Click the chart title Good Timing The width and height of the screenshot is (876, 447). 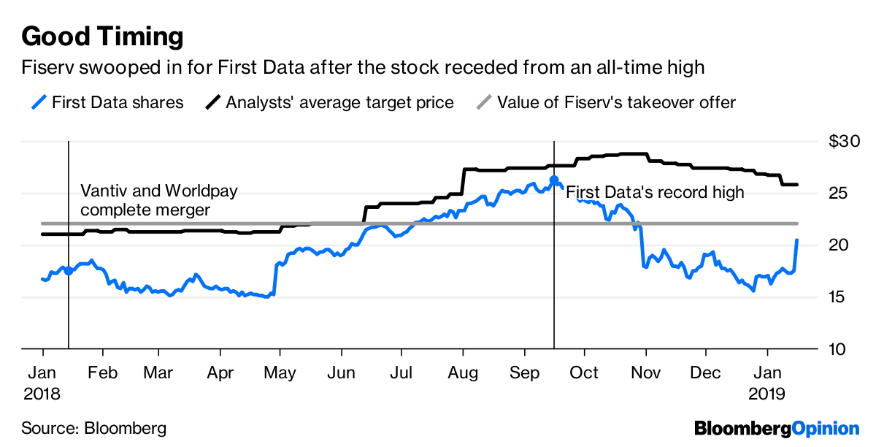coord(102,35)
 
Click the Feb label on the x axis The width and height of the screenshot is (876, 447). coord(102,372)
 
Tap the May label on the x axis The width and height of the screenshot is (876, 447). coord(280,372)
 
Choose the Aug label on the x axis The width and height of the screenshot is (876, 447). coord(462,372)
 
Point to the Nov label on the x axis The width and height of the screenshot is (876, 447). coord(645,372)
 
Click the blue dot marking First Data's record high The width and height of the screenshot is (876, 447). coord(554,180)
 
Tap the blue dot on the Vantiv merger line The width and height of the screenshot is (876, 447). coord(69,271)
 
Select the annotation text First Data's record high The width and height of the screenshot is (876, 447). coord(655,193)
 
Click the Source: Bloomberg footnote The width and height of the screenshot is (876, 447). coord(93,428)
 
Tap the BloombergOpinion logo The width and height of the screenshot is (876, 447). coord(777,428)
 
